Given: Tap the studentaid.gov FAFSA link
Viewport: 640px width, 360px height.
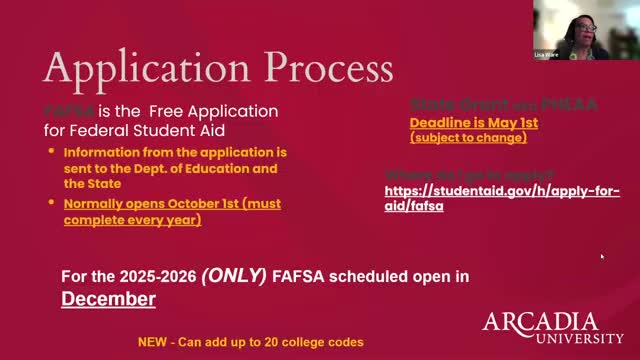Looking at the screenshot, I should [502, 197].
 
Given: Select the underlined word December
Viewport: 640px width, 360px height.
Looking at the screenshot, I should [108, 298].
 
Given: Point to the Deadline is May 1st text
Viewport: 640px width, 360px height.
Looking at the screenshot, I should [474, 122].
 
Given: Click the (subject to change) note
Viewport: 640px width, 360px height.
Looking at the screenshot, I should [468, 137].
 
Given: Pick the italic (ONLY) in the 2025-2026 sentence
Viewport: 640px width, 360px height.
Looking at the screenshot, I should [236, 274].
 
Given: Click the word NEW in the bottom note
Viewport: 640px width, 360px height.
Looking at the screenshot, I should [152, 342].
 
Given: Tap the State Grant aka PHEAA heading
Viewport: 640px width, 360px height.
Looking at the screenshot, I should [474, 104].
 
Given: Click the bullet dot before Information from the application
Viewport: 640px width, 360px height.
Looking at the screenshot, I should [53, 152].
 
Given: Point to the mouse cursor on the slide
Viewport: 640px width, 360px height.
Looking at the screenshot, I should [601, 256].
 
